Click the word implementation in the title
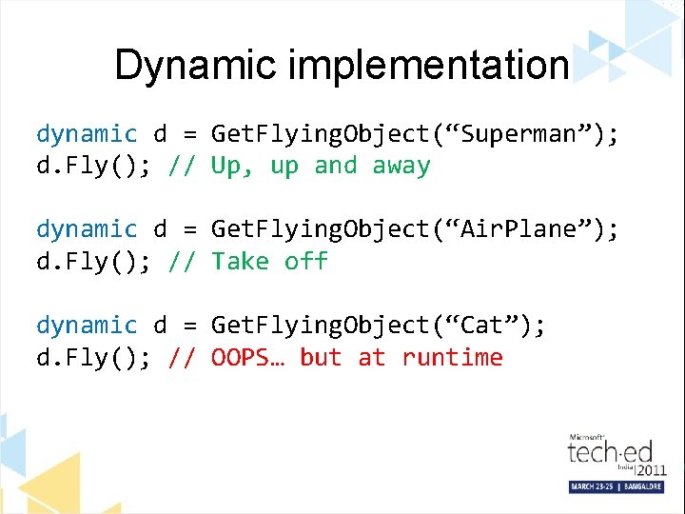tap(430, 66)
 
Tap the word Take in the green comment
tap(241, 262)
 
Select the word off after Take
tap(306, 262)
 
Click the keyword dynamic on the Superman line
tap(87, 134)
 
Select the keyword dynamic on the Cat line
tap(87, 326)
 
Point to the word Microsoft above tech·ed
tap(588, 437)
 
